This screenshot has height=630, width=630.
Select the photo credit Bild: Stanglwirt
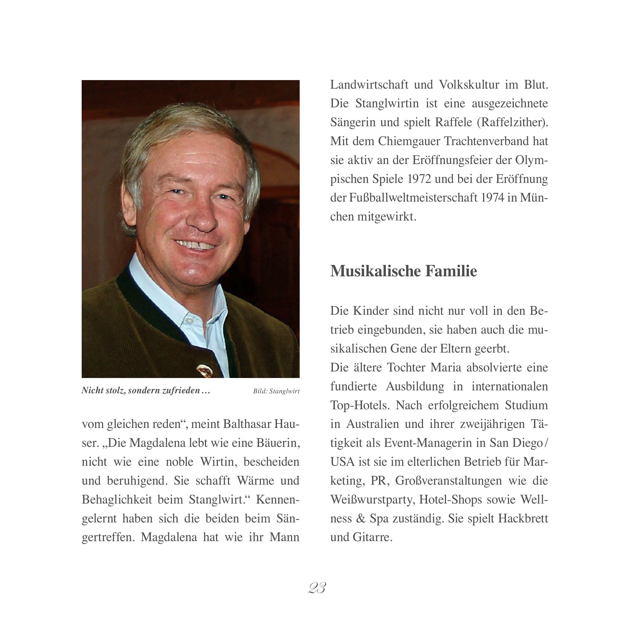[x=276, y=391]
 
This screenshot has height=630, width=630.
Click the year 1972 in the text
[x=419, y=179]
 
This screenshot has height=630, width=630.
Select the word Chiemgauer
[x=408, y=141]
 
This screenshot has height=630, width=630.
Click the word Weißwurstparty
[x=373, y=499]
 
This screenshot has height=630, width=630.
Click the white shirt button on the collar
[x=190, y=321]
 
